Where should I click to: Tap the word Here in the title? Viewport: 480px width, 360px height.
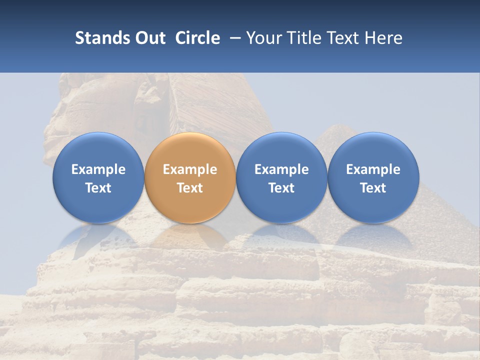click(383, 38)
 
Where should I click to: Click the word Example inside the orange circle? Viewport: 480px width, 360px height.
click(190, 169)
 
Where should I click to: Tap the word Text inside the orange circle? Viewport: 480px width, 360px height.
click(190, 188)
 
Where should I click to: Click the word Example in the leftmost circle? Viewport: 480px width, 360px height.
click(98, 169)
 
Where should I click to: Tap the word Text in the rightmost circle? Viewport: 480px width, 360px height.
click(373, 188)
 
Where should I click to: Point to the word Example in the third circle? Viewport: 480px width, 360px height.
click(281, 169)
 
